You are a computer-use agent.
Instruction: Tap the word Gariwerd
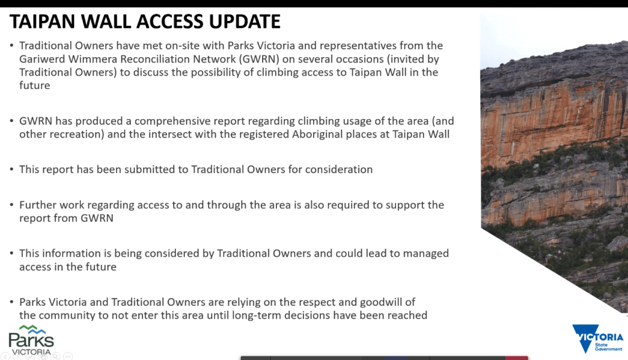(42, 60)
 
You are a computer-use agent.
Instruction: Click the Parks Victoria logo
(31, 340)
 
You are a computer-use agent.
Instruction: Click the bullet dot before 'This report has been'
(12, 170)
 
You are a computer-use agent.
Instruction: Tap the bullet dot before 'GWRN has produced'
(12, 121)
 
